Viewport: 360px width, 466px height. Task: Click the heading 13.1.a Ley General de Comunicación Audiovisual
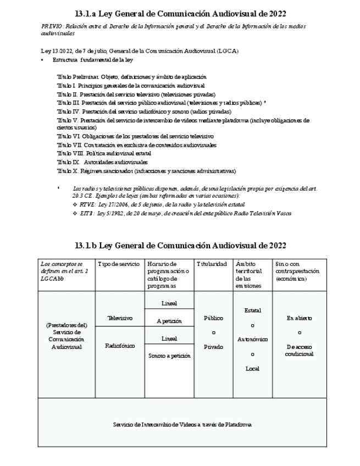(180, 14)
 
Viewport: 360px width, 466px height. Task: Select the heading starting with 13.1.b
(180, 245)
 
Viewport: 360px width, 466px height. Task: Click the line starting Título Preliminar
(131, 77)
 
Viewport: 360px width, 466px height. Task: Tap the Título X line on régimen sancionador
(146, 171)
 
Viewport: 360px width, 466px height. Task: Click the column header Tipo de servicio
(115, 264)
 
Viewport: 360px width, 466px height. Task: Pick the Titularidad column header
(212, 264)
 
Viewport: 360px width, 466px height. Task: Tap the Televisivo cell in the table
(119, 318)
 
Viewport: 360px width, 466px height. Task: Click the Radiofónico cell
(120, 346)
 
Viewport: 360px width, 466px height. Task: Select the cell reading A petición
(169, 321)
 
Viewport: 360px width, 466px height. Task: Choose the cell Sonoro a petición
(169, 356)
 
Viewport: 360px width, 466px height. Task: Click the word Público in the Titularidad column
(213, 318)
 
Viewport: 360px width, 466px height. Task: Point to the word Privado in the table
(213, 347)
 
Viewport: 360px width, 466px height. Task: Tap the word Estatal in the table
(252, 310)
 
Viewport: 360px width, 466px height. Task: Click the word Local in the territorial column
(252, 368)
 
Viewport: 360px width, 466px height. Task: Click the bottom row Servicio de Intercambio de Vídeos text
(182, 424)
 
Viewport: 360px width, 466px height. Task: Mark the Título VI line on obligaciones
(135, 136)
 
